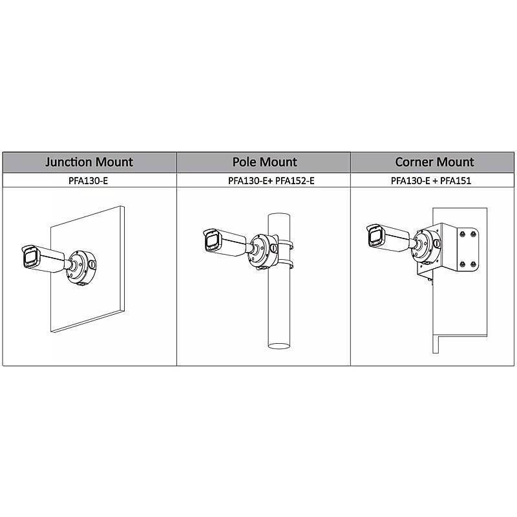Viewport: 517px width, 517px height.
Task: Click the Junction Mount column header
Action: (x=89, y=162)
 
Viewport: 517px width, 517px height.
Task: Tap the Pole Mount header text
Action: (x=264, y=162)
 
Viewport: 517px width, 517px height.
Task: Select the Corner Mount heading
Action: (x=434, y=162)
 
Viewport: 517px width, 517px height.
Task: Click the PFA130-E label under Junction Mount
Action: (x=88, y=181)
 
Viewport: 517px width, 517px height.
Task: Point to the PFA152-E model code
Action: (x=295, y=181)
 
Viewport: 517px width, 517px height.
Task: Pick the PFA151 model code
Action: (x=456, y=181)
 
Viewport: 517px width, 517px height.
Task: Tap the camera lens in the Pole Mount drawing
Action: (x=211, y=241)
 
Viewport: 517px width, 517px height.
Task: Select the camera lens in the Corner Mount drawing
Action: (x=375, y=237)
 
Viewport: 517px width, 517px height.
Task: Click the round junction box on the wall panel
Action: (x=81, y=267)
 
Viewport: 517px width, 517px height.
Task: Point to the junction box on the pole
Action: (x=264, y=251)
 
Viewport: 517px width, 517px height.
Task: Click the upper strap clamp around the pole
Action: (x=286, y=245)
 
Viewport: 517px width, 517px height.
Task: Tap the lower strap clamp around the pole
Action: (x=286, y=263)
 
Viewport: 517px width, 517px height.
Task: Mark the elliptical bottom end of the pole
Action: (x=279, y=346)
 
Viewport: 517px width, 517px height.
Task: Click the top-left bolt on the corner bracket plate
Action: (x=462, y=234)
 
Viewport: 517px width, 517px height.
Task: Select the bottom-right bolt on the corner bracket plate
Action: (x=473, y=264)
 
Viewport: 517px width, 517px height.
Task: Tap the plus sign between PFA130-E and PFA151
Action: (x=435, y=181)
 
